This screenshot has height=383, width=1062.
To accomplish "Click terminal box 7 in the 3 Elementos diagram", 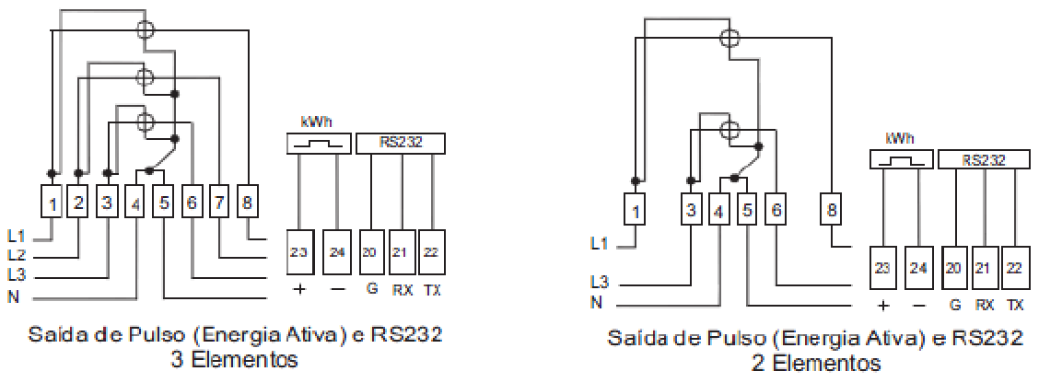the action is (219, 202).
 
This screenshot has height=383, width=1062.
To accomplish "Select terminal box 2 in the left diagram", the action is (78, 202).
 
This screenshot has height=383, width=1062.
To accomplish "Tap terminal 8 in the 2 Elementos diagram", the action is (831, 210).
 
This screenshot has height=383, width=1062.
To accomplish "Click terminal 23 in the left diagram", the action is (298, 252).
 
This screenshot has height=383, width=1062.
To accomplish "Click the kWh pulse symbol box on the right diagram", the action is (901, 159).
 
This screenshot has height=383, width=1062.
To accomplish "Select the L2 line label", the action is (18, 256).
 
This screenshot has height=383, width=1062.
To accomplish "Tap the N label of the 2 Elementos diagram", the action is (596, 302).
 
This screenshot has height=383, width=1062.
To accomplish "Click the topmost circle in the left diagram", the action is (145, 29).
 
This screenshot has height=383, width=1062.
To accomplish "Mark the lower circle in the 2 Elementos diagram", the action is (729, 130).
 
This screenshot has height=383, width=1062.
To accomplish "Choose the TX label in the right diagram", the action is (1014, 305).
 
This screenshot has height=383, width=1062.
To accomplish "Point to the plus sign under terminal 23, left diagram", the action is (299, 290).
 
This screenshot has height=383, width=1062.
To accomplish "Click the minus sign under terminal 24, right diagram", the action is (919, 306).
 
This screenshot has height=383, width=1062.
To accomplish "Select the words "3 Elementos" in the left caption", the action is (235, 359).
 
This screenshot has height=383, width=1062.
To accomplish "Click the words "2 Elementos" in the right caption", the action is (816, 363).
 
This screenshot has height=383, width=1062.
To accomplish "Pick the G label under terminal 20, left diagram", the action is (372, 291).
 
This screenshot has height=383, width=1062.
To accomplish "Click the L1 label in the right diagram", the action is (600, 243).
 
